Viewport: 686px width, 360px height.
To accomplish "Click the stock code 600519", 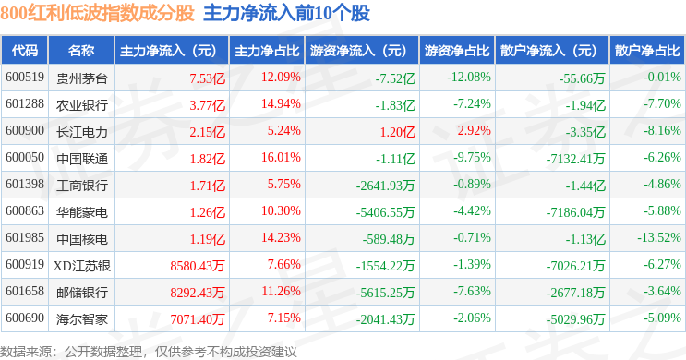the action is [x=25, y=78].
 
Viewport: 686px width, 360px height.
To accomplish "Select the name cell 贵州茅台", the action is [x=82, y=78].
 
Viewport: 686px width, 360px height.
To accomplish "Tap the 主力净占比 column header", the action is [x=267, y=51].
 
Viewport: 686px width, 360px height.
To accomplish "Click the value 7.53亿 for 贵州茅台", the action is [x=208, y=78].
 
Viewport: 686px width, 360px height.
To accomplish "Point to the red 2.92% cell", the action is [x=475, y=131].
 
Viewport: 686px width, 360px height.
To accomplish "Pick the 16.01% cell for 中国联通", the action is [x=281, y=158].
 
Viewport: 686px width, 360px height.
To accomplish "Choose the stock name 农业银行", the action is [x=82, y=105].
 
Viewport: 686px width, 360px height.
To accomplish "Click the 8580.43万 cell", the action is [x=198, y=266].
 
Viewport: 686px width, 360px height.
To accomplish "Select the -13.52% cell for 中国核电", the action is [x=659, y=238].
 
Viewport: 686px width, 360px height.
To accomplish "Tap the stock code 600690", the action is [x=25, y=318].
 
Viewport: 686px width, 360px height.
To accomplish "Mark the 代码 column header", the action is [x=25, y=51].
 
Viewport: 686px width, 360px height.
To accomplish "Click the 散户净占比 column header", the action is [x=647, y=51].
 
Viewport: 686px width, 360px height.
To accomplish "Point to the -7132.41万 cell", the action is [x=575, y=159].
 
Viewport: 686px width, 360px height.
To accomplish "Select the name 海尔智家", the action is [x=82, y=319].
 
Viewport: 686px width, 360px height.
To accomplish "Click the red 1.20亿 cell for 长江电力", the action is [x=398, y=132].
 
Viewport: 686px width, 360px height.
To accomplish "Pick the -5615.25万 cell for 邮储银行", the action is [x=385, y=293].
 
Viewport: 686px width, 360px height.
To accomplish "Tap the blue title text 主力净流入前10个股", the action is [x=286, y=13].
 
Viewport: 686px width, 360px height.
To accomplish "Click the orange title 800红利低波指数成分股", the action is [x=97, y=13].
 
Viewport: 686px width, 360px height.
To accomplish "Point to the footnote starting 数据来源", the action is [x=149, y=352].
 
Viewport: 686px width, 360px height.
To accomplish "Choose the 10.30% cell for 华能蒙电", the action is [x=281, y=211].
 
